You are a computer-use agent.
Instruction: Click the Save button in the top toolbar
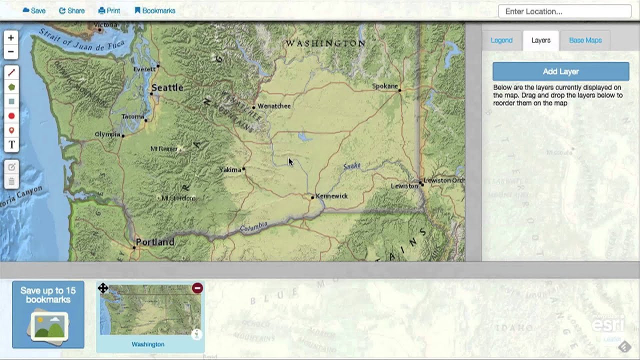(x=34, y=10)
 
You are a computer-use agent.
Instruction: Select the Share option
(x=72, y=10)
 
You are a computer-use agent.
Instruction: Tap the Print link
(x=109, y=10)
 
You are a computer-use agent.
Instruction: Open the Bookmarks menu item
(x=155, y=10)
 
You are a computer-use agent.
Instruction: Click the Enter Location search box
(x=564, y=11)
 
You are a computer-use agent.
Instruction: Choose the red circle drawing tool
(x=11, y=116)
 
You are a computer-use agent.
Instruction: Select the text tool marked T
(x=11, y=145)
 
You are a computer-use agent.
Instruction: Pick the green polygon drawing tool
(x=11, y=87)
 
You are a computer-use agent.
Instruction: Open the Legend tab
(x=501, y=40)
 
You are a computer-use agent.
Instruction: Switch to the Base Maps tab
(x=585, y=40)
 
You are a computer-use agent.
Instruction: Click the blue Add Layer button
(x=560, y=71)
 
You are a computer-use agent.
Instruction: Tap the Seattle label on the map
(x=167, y=88)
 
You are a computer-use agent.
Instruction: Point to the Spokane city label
(x=385, y=86)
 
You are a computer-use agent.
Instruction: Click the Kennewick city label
(x=331, y=196)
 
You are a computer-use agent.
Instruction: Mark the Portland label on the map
(x=155, y=242)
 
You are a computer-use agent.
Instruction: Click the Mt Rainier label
(x=164, y=148)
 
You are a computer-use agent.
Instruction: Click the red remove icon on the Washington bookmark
(x=197, y=288)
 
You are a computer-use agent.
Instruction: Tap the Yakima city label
(x=230, y=169)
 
